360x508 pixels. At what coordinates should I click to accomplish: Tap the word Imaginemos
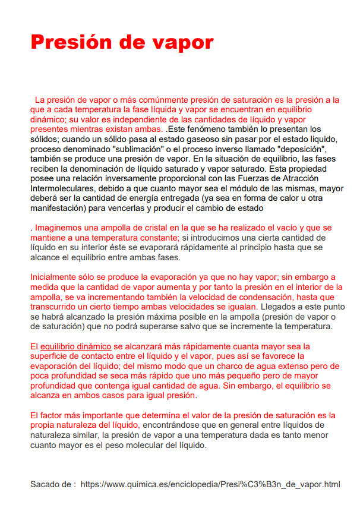(58, 228)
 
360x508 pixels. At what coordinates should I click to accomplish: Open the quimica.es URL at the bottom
(210, 484)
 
